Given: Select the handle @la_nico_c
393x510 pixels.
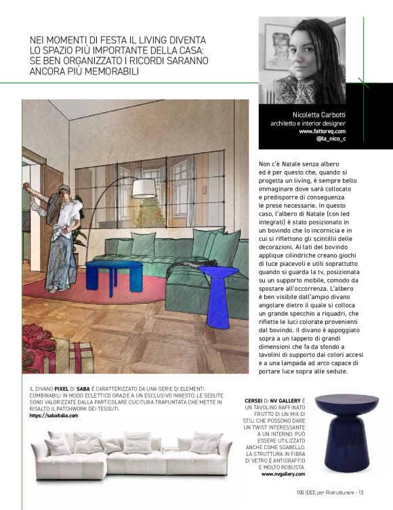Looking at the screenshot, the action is (331, 139).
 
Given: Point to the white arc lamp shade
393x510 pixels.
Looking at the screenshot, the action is (144, 188).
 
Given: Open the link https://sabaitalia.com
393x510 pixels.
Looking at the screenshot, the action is (54, 415).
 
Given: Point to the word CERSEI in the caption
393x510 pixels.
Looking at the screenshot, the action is (255, 401).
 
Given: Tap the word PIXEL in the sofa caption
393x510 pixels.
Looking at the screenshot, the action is (64, 389).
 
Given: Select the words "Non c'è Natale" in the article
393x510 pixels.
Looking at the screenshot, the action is (283, 164).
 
